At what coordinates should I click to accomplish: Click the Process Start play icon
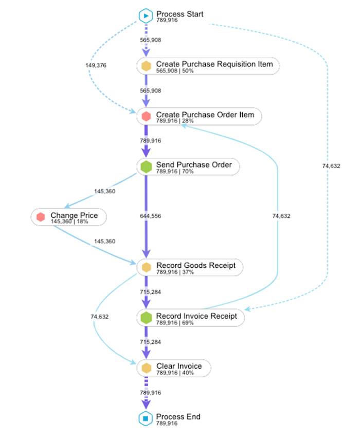(x=146, y=16)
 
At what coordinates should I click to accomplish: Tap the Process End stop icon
(x=146, y=419)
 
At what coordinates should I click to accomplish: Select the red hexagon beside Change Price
(x=41, y=217)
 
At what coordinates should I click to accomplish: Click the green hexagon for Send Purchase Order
(x=146, y=167)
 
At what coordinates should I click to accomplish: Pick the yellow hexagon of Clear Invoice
(x=146, y=368)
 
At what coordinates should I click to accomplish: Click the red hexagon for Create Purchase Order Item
(x=146, y=116)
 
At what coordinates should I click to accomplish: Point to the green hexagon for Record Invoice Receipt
(x=146, y=318)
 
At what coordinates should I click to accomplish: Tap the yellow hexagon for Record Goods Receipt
(x=146, y=267)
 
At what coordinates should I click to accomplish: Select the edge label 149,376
(x=96, y=65)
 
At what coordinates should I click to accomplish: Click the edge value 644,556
(x=151, y=216)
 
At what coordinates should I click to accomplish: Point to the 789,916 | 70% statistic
(x=175, y=172)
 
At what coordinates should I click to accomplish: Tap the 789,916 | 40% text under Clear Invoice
(x=175, y=373)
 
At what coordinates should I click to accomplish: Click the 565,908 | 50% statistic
(x=175, y=71)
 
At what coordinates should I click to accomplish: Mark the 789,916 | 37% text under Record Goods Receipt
(x=175, y=272)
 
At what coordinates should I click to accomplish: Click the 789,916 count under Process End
(x=167, y=424)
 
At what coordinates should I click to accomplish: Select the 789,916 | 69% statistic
(x=175, y=323)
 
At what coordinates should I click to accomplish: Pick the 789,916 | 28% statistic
(x=175, y=121)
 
